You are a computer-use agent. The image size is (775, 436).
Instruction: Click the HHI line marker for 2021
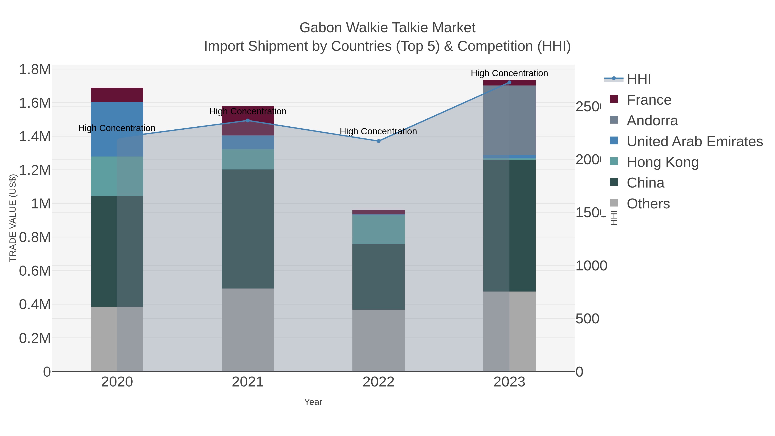(248, 121)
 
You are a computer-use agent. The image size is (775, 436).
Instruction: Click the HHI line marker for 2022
(378, 141)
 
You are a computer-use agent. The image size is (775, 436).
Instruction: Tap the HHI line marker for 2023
(509, 82)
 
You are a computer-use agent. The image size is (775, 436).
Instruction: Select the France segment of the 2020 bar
(117, 95)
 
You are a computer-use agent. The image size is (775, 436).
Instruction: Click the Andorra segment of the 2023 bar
(509, 120)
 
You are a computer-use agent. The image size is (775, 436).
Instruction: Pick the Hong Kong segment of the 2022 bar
(378, 229)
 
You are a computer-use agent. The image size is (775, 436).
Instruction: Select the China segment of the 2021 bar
(248, 229)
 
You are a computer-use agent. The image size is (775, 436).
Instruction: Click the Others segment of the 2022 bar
(378, 340)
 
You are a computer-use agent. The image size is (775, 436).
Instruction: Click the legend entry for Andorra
(652, 121)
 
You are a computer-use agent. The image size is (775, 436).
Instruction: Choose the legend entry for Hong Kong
(662, 162)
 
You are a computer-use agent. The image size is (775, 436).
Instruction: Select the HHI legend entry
(639, 79)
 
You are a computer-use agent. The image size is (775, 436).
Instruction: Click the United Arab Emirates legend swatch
(614, 141)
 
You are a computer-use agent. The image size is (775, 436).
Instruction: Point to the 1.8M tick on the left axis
(35, 70)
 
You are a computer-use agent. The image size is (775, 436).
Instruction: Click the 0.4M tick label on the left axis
(35, 304)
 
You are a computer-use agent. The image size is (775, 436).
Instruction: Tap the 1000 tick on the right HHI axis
(591, 266)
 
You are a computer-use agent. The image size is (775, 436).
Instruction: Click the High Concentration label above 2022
(378, 132)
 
